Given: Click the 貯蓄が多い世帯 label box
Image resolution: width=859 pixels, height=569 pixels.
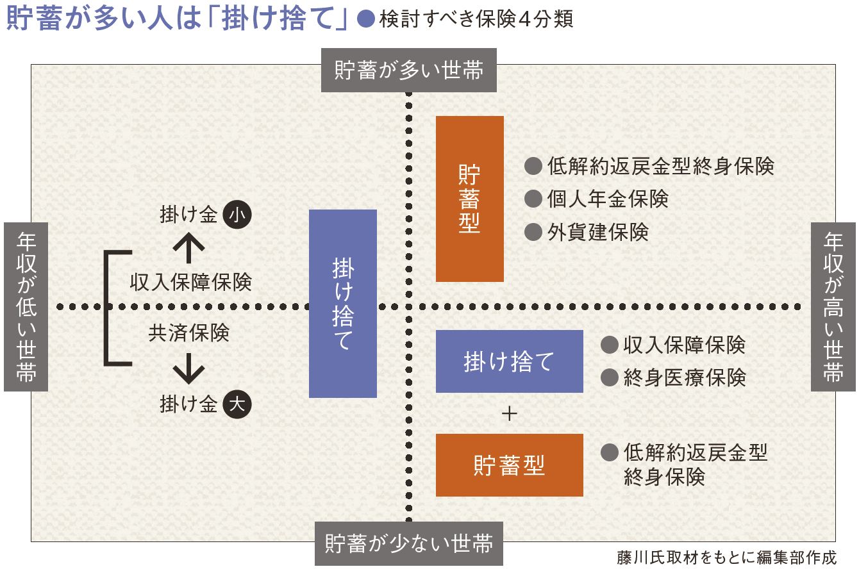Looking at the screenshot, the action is pos(409,70).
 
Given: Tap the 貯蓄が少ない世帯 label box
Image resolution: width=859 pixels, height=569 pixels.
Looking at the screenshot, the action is pos(409,543).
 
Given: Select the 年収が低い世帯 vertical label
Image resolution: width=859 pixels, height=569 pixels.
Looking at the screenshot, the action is pos(26,307).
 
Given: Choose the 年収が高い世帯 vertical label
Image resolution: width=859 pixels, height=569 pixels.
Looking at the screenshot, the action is pos(833,307).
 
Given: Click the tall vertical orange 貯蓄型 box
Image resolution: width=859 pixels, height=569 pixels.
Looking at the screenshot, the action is pos(470,199).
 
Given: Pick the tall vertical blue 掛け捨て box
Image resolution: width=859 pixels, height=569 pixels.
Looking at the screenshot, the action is pos(343,304).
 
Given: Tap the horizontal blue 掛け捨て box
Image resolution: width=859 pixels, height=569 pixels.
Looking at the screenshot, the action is pos(510,361).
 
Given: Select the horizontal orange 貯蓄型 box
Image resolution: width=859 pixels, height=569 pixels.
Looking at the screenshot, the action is pos(510,465).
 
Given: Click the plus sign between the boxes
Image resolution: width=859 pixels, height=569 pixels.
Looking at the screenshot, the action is pos(509,414).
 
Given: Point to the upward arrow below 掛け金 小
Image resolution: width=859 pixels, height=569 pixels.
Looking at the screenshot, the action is pos(188,248).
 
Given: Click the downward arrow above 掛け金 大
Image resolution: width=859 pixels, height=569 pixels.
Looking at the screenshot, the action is pos(188,368).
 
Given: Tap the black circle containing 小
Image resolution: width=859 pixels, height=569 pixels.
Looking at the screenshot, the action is pos(237,215).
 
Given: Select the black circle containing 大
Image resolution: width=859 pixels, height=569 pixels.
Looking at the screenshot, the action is pos(237,404).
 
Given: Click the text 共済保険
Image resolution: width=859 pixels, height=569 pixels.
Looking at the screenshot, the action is pos(189,333).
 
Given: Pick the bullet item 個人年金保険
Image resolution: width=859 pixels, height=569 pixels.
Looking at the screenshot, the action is pos(596,199).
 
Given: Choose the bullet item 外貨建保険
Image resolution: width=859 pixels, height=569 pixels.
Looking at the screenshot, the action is pos(587,232).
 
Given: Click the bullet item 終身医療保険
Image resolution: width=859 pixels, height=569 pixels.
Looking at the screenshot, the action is pos(673,377).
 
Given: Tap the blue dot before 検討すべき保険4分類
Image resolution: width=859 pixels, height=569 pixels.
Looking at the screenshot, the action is pos(366,19).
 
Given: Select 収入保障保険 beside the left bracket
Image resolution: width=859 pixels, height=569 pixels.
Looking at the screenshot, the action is pos(191,282).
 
